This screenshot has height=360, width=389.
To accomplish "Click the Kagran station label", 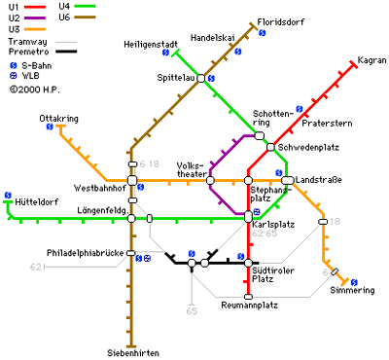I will [372, 60].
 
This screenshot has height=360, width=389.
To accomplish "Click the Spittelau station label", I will [175, 77].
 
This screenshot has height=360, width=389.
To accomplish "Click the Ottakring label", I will [58, 118].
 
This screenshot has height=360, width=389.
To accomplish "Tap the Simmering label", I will [351, 291].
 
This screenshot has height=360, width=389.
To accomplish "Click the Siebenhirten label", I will [133, 352].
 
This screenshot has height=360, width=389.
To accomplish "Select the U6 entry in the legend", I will [65, 18].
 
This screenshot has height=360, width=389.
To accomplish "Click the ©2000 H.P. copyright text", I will [36, 89].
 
